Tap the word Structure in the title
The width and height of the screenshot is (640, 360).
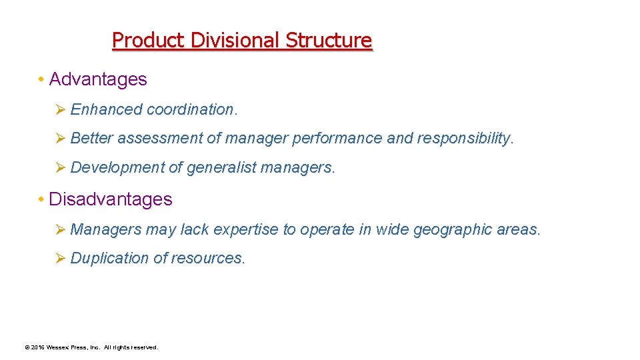329,41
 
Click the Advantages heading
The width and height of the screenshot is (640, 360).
98,79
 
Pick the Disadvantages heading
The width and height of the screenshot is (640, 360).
111,199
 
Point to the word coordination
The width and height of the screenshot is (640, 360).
191,109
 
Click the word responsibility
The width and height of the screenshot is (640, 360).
465,139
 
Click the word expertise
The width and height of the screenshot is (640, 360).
246,230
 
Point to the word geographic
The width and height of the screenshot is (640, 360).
453,230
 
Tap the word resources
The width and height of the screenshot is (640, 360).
209,259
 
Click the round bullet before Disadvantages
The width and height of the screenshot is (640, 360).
41,200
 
